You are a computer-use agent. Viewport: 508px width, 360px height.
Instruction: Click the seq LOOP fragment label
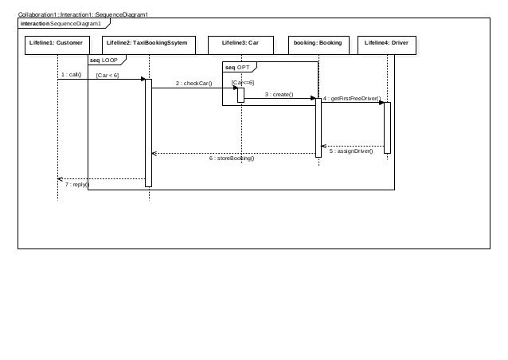tap(104, 61)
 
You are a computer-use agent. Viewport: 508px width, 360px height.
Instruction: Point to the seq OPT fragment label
tap(237, 68)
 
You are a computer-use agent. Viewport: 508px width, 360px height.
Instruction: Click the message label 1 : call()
tap(71, 75)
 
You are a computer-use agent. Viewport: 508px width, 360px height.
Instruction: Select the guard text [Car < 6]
tap(107, 76)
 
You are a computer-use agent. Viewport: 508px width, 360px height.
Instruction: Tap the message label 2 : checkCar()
tap(194, 83)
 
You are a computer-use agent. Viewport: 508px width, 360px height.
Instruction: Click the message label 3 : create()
tap(279, 94)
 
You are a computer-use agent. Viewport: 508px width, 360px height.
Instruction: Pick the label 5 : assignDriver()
tap(351, 151)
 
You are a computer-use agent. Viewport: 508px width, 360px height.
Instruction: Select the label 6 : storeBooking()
tap(232, 158)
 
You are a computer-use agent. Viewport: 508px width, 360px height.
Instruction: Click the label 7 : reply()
tap(77, 184)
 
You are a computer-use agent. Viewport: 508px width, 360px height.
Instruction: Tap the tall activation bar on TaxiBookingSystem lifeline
tap(148, 132)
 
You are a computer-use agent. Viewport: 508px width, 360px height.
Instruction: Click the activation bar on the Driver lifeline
tap(388, 126)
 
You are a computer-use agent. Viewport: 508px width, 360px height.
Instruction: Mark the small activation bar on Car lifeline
tap(240, 95)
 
